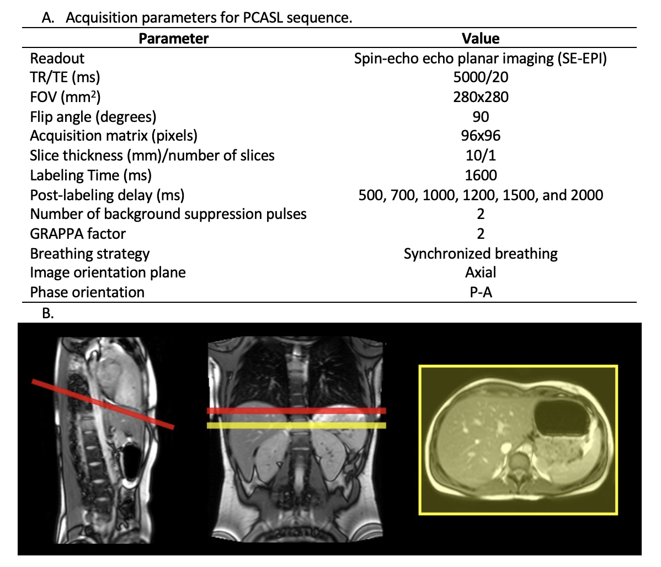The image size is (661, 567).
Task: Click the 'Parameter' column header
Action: [173, 39]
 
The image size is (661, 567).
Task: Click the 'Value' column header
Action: [481, 39]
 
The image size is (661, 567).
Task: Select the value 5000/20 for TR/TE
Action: [481, 78]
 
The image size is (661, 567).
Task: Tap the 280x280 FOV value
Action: [481, 98]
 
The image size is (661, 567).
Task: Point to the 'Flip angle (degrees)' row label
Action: [93, 117]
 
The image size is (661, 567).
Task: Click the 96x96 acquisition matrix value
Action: [481, 136]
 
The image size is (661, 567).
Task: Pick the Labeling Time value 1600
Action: [481, 175]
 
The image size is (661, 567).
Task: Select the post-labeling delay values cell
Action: [481, 195]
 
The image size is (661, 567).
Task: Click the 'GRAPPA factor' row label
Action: [78, 234]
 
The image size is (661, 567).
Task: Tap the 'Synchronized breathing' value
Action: [481, 254]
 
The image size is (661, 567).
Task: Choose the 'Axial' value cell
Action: [481, 272]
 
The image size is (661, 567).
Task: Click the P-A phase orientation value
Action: [481, 292]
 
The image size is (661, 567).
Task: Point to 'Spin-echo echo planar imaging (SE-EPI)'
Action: [481, 58]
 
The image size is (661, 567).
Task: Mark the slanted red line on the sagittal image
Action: [103, 404]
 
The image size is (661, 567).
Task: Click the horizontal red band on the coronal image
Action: [296, 411]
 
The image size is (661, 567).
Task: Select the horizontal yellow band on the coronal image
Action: [296, 425]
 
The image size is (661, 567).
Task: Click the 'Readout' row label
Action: [57, 58]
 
